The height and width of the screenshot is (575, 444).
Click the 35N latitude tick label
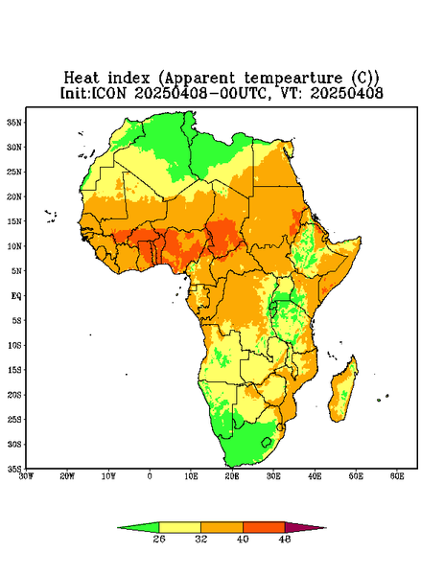pyautogui.click(x=14, y=123)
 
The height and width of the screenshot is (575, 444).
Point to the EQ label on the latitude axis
pyautogui.click(x=15, y=296)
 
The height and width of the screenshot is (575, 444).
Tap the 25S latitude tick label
pyautogui.click(x=14, y=420)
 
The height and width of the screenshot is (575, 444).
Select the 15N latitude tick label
pyautogui.click(x=14, y=221)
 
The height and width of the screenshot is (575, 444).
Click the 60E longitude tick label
pyautogui.click(x=397, y=476)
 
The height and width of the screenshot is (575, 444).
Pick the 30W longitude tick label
pyautogui.click(x=26, y=476)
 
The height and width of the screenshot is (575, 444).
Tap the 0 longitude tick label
pyautogui.click(x=150, y=476)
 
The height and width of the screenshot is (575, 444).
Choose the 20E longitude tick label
pyautogui.click(x=232, y=476)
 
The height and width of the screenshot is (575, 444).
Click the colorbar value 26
pyautogui.click(x=159, y=539)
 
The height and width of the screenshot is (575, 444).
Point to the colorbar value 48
pyautogui.click(x=285, y=539)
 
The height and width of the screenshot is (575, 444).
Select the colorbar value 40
pyautogui.click(x=243, y=539)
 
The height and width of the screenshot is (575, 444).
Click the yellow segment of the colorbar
pyautogui.click(x=179, y=527)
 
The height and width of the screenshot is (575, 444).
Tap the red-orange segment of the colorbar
pyautogui.click(x=264, y=527)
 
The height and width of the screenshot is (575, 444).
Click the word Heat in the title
pyautogui.click(x=82, y=79)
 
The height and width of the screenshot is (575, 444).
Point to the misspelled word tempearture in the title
pyautogui.click(x=293, y=79)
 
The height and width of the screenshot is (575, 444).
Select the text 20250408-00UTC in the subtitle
pyautogui.click(x=200, y=93)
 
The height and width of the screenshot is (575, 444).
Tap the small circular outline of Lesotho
pyautogui.click(x=266, y=442)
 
